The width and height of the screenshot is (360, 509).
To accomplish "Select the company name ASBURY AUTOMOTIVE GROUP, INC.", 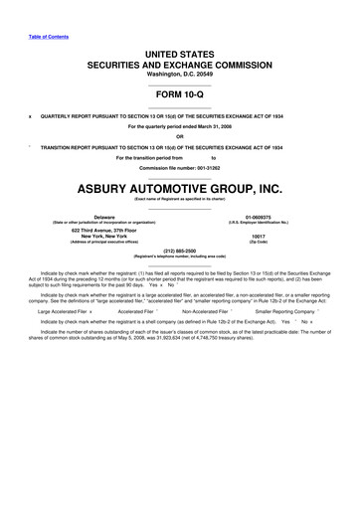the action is [x=180, y=186].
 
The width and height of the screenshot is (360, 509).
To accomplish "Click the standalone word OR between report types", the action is [x=180, y=136].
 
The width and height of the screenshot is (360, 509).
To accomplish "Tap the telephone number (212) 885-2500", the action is [x=180, y=252].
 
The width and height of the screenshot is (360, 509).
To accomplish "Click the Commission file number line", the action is [x=180, y=167].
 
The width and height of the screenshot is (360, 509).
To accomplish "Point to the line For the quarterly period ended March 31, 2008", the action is [x=180, y=126].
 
